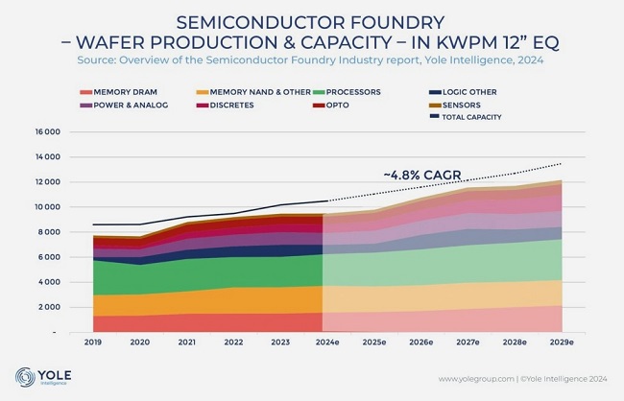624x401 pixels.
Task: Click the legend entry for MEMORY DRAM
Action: (119, 92)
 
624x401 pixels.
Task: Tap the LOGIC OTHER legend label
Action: (466, 92)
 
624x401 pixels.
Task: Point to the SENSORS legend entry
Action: (462, 105)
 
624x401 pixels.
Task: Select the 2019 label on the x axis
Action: (94, 342)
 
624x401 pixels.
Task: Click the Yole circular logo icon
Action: (23, 376)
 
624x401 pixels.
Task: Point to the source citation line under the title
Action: (312, 59)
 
